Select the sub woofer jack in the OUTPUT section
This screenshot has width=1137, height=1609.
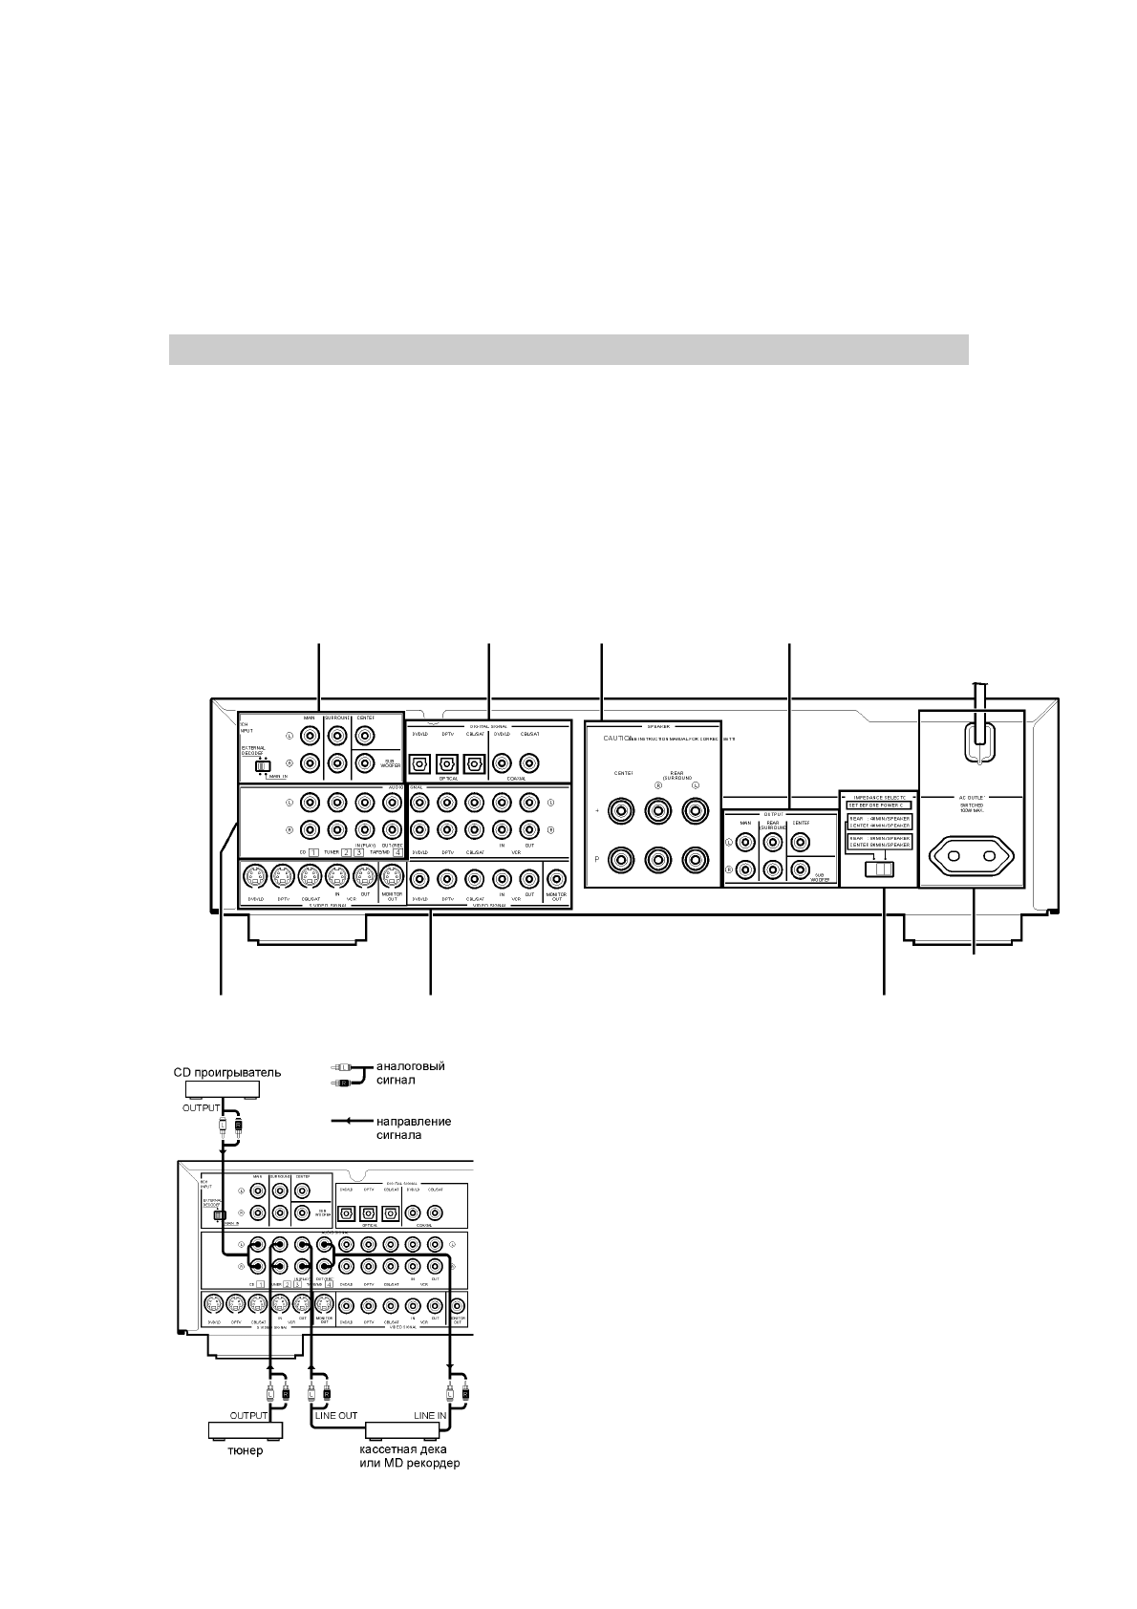800,869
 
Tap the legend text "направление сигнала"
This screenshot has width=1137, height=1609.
413,1127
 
